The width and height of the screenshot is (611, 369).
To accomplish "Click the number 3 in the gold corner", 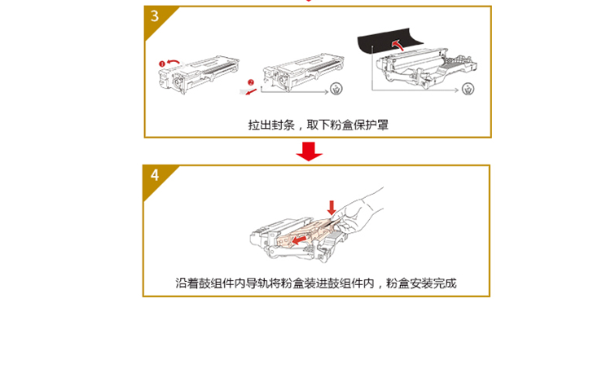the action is click(x=155, y=16).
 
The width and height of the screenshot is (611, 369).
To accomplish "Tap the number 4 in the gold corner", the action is click(x=155, y=175).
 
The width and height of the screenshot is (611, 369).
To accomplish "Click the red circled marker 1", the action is click(x=162, y=64).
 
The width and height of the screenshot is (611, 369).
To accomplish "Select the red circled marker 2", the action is click(x=251, y=82).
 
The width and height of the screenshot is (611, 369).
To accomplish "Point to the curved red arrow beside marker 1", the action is click(x=174, y=62).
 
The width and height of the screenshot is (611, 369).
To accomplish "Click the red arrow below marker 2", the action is click(x=252, y=92).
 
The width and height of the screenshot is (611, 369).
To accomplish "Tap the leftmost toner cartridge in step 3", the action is click(x=198, y=75).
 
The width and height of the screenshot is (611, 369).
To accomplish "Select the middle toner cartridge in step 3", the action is click(x=303, y=72).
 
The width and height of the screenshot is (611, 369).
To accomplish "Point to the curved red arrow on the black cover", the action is click(x=398, y=44).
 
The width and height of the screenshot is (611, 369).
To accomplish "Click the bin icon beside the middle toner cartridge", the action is click(x=336, y=89).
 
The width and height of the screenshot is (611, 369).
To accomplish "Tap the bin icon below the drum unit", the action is click(x=468, y=89).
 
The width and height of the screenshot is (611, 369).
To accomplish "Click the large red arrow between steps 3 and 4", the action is click(x=309, y=152).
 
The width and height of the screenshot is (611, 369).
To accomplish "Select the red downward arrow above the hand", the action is click(x=332, y=208).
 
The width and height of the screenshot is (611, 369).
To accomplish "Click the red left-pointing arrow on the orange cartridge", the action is click(x=299, y=239).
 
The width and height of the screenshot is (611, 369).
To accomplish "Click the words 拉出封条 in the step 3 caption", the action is click(x=271, y=125).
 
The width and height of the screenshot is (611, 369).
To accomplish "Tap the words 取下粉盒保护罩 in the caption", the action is click(x=348, y=125).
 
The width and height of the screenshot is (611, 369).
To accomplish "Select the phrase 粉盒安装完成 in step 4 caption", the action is click(x=421, y=283).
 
